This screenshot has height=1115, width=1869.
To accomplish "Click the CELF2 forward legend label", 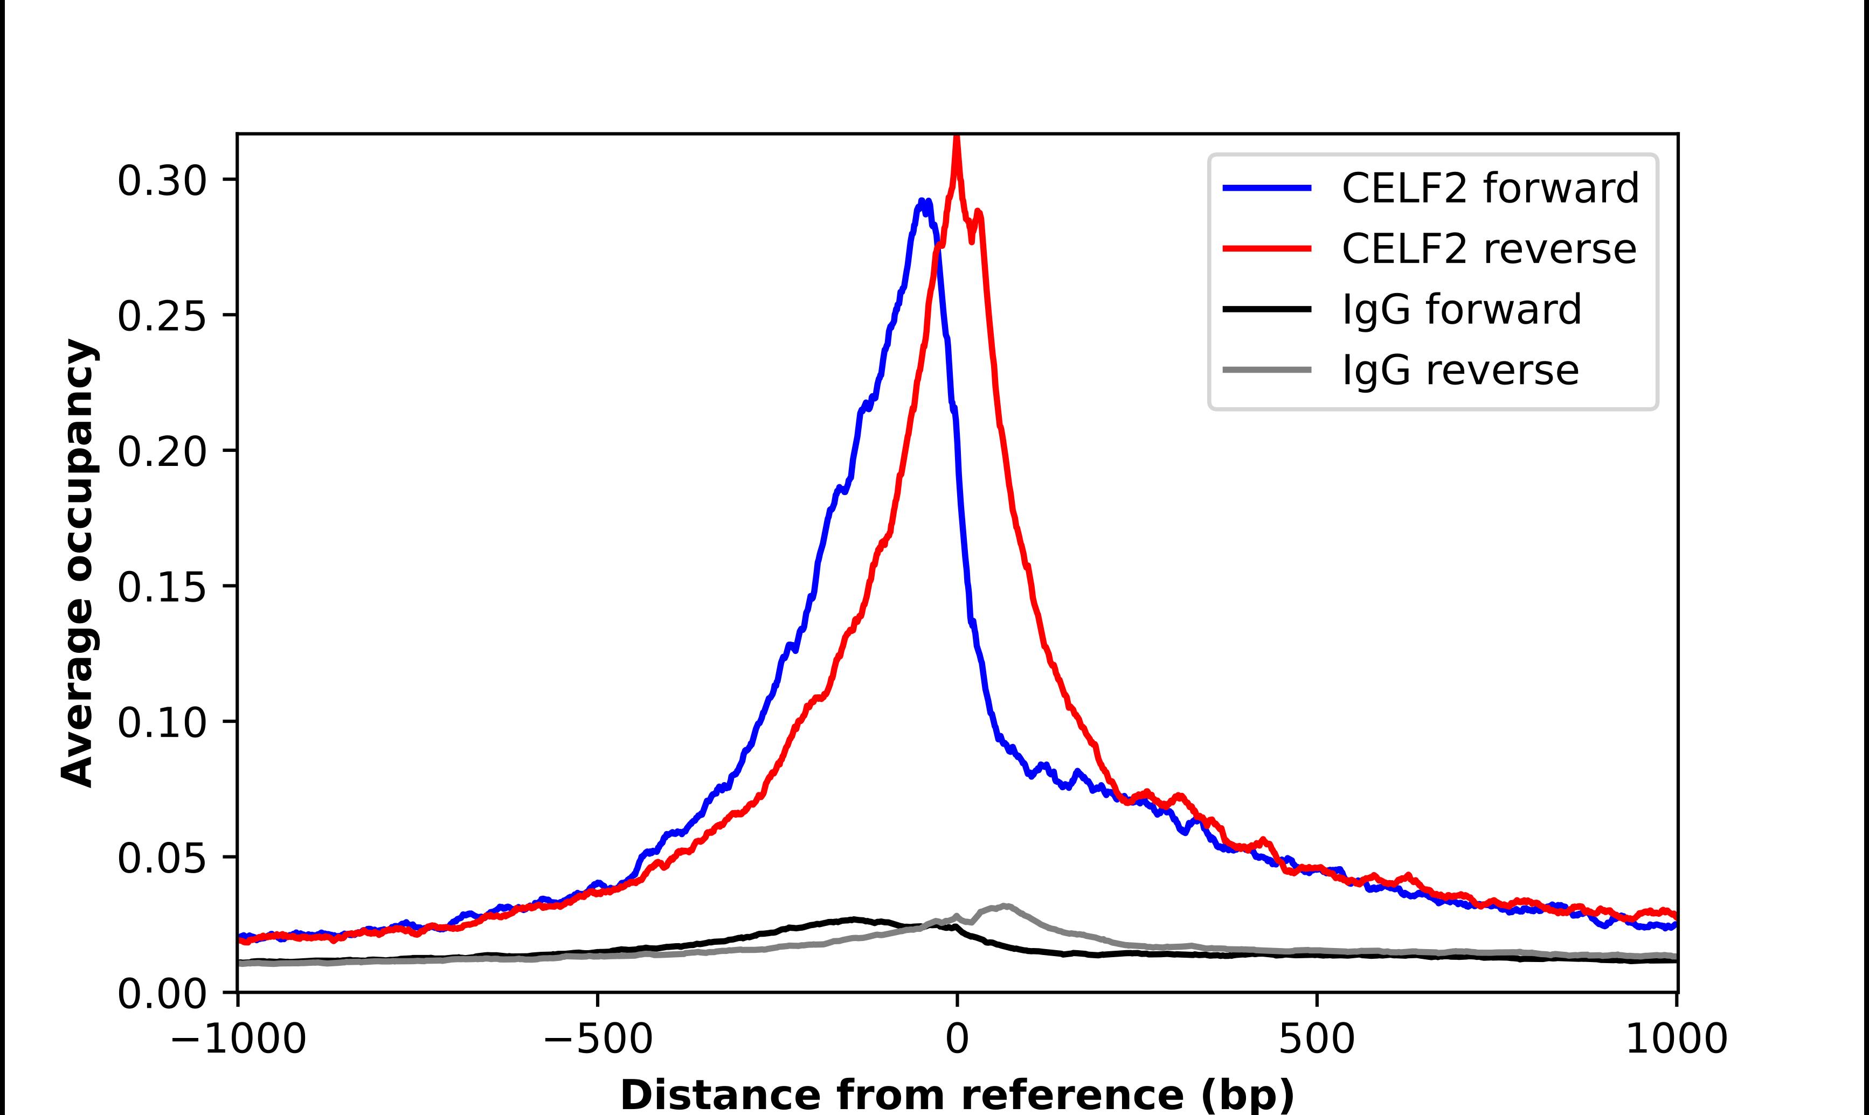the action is tap(1490, 188).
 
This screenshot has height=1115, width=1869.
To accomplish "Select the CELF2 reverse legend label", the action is tap(1488, 249).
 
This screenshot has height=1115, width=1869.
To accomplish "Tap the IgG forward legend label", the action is tap(1461, 310).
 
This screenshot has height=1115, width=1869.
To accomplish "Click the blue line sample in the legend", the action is tap(1267, 188).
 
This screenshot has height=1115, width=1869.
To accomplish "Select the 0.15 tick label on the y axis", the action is tap(162, 587).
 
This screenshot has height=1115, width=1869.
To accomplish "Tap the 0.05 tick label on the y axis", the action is tap(162, 858).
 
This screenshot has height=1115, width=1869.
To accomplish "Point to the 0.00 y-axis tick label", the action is tap(162, 993).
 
